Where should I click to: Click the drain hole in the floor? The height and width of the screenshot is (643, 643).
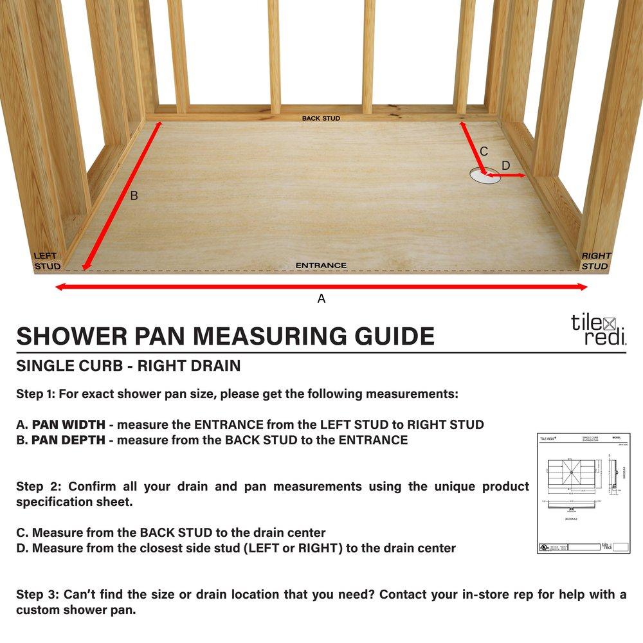coord(484,175)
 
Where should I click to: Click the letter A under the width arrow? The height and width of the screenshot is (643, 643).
coord(321,298)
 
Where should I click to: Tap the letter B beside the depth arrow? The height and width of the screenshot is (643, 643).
coord(134,195)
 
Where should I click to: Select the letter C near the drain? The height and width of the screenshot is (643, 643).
coord(484,151)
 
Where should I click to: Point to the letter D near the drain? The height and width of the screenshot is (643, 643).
coord(505,166)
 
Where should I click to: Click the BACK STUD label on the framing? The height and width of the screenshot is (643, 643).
coord(321,118)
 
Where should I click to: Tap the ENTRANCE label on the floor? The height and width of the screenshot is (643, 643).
coord(321,265)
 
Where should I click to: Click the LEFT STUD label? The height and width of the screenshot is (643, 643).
coord(47,260)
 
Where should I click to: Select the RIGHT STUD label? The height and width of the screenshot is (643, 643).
coord(595,260)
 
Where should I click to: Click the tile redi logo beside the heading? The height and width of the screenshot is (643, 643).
coord(598,329)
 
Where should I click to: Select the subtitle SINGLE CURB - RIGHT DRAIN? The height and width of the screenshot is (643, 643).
coord(128,367)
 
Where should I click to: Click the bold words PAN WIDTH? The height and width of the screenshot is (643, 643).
coord(71,425)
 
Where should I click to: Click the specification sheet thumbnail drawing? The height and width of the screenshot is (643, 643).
coord(583,493)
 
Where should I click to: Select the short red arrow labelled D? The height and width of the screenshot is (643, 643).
coord(508,175)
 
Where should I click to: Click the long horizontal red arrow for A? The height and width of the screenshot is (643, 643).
coord(321,287)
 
